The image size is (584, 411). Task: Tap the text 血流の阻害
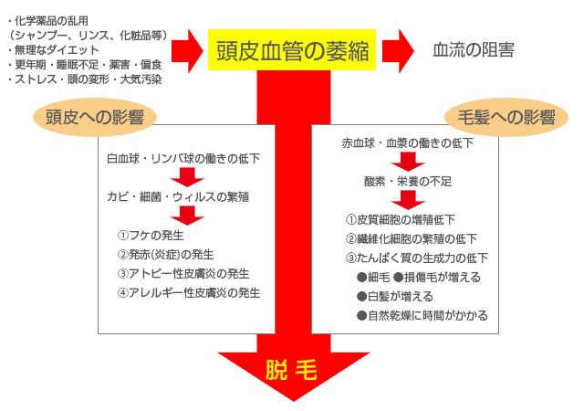point(473,50)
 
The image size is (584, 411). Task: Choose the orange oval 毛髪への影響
point(498,118)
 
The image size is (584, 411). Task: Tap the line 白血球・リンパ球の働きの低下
point(182,158)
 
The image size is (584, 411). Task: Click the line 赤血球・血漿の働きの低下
point(407,143)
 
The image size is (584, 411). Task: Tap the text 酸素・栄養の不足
point(408,181)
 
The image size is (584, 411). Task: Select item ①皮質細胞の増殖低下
point(401,219)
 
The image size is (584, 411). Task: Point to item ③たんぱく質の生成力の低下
point(417,258)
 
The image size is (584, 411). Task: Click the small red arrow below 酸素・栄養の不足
point(408,200)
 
